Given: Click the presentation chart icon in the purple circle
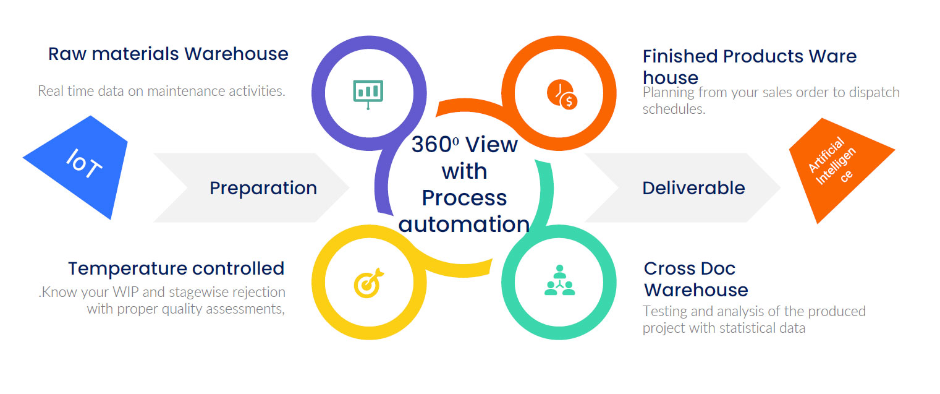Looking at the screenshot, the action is tap(368, 94).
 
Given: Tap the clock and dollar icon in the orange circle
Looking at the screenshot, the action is tap(562, 94).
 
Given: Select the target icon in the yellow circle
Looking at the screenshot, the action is tap(368, 283).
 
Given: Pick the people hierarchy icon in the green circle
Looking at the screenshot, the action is tap(559, 280).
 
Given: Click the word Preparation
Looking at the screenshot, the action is tap(263, 188).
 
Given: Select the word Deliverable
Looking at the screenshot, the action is tap(693, 188).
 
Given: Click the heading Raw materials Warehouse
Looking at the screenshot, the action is tap(168, 54).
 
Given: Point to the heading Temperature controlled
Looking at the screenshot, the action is tap(176, 268).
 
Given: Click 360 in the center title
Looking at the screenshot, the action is tap(432, 145).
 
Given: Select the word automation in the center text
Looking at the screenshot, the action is tap(464, 225).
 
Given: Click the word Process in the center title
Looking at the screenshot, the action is tap(464, 198).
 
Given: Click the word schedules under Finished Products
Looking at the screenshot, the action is tap(674, 109).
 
